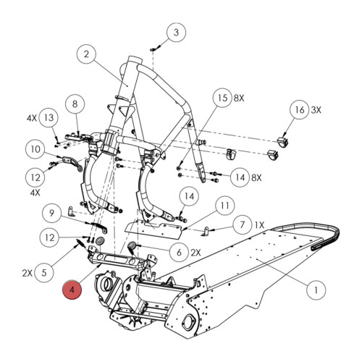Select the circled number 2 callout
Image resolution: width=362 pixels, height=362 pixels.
[x=85, y=54]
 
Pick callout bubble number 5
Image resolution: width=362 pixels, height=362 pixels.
[x=46, y=272]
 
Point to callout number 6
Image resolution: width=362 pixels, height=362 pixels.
[x=179, y=252]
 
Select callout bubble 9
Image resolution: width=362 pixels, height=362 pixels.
[x=51, y=213]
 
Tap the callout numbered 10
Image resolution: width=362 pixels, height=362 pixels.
[x=35, y=150]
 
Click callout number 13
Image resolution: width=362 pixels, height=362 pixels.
[x=49, y=118]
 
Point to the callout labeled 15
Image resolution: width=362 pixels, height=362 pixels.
[x=222, y=98]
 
